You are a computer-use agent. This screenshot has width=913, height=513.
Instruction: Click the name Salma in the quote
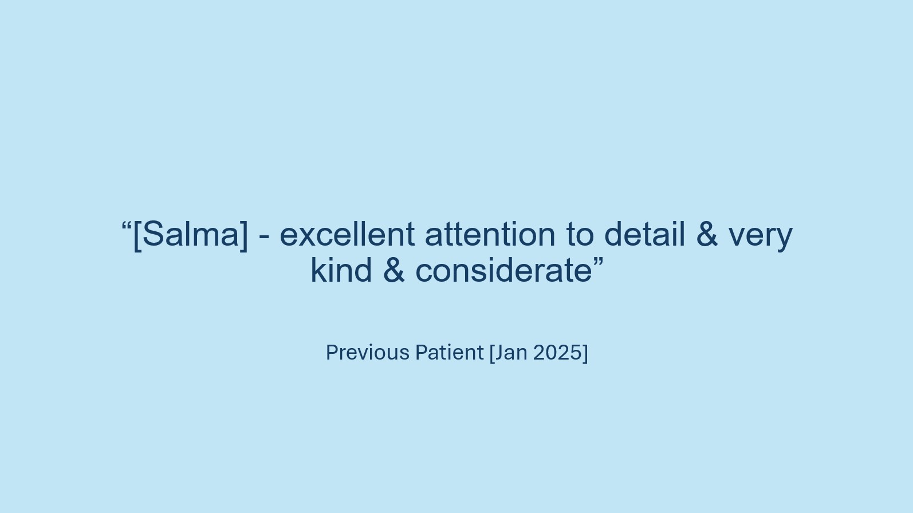click(x=190, y=235)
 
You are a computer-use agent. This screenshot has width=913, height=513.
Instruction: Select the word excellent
click(x=347, y=235)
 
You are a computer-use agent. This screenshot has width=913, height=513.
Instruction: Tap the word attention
click(x=490, y=235)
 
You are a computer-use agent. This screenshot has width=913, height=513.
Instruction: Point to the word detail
click(x=644, y=235)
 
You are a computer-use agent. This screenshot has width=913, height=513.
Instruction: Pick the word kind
click(x=341, y=271)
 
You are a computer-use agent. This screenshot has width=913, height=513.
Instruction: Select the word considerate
click(x=504, y=271)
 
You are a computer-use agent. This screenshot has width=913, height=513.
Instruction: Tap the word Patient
click(x=449, y=353)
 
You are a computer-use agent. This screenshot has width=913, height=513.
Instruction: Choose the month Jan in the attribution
click(x=511, y=353)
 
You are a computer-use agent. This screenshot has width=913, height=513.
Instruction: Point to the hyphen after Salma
click(x=264, y=237)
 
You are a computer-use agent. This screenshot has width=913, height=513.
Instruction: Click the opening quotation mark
click(x=127, y=227)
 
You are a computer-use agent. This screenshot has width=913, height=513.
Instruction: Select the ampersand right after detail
click(x=707, y=235)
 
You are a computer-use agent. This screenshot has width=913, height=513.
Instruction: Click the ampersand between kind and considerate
click(x=393, y=271)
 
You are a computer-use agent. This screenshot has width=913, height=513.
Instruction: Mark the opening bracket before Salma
click(x=137, y=236)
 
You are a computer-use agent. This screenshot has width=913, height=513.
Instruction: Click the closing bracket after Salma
click(x=244, y=236)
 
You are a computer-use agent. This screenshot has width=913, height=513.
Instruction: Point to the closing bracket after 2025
click(x=586, y=353)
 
